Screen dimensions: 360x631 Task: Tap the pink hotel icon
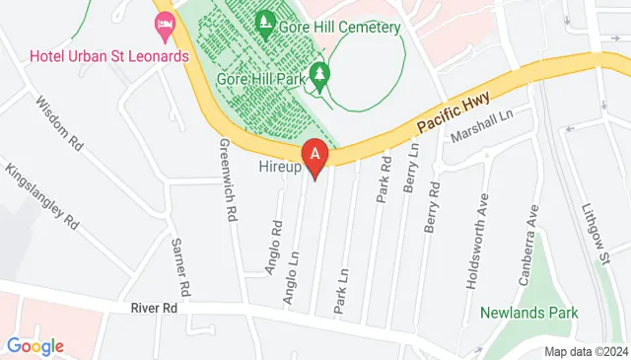163,23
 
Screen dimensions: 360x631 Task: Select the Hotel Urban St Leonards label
108,56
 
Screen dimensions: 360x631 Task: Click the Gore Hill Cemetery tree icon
266,21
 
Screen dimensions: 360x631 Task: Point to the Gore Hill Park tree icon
319,74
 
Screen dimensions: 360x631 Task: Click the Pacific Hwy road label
453,111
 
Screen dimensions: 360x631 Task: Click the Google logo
35,345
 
